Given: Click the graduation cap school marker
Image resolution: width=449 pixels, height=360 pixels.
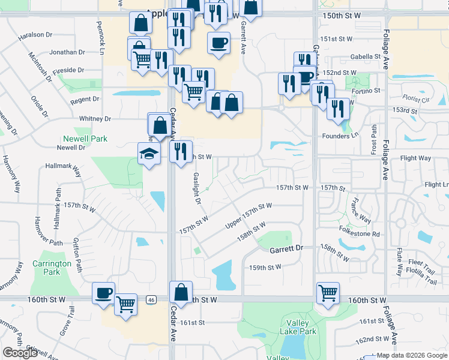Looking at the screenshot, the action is [x=148, y=154].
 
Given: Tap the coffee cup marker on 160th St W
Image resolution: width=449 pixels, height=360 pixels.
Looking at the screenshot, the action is [x=104, y=293].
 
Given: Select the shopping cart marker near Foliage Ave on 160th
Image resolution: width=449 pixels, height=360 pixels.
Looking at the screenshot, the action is [x=328, y=293].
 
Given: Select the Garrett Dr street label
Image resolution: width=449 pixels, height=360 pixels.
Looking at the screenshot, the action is [x=287, y=248].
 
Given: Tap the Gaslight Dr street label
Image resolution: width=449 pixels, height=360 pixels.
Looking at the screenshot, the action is [x=196, y=188].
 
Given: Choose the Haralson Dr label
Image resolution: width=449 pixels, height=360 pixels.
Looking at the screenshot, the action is [x=37, y=35].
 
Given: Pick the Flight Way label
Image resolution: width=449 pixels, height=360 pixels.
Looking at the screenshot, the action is [x=415, y=158].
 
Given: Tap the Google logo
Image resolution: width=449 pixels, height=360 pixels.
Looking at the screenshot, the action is [x=20, y=352].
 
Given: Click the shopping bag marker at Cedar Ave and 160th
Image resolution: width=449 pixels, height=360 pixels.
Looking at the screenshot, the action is [x=181, y=292].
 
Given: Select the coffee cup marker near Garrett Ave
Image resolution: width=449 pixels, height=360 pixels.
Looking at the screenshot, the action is [x=218, y=43].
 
